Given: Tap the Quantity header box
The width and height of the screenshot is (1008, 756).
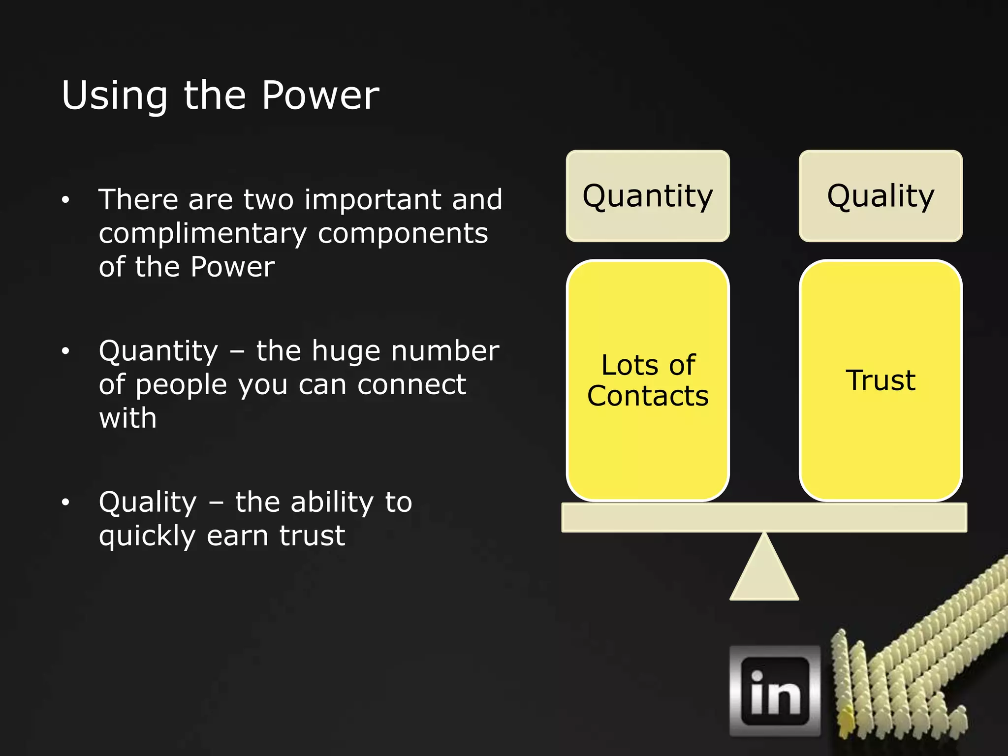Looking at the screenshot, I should (x=647, y=196).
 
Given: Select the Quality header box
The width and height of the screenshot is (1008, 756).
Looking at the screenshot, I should (x=880, y=196).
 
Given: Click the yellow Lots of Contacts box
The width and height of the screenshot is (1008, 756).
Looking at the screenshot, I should (x=647, y=380).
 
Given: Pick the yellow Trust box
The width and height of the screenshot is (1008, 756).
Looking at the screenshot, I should (x=880, y=380).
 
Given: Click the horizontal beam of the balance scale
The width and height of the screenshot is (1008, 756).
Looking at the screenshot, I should (x=764, y=517).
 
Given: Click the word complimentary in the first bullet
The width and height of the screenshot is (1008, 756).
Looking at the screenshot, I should (x=203, y=234).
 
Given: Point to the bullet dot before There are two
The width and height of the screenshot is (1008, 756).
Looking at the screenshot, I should (x=65, y=200).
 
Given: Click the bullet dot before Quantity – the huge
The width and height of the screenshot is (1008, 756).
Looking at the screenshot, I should (x=65, y=351).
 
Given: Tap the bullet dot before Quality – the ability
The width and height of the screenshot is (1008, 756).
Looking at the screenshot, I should (x=65, y=503).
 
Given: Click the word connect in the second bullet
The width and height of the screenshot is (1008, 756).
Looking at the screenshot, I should (x=411, y=384).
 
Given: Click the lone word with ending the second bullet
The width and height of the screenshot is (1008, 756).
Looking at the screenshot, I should (x=127, y=418).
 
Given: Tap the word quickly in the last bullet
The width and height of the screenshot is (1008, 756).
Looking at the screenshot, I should (x=147, y=536).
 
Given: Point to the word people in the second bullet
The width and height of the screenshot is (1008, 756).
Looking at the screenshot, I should (x=181, y=385).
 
